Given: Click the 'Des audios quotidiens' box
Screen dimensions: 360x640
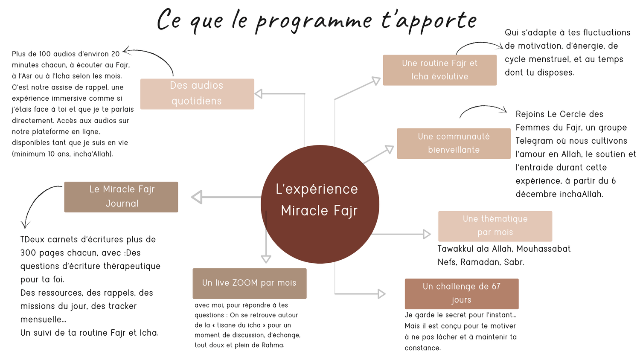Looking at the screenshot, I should point(197,94).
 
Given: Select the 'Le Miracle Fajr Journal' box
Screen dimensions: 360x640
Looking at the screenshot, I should point(121,197).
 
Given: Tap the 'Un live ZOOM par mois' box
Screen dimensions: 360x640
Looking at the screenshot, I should point(250,283).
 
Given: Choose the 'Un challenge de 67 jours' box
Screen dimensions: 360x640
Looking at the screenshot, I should point(462,293).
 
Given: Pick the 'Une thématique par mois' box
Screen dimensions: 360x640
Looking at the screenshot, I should point(495,226).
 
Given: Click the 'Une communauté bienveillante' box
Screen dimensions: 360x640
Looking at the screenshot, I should point(454,143).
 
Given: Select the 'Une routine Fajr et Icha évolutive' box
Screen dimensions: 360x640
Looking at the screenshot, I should point(439,70).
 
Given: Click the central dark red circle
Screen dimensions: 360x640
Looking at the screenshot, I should point(320,204).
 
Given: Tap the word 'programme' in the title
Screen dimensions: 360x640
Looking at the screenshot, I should point(314,21).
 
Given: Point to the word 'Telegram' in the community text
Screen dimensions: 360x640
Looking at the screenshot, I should point(533,141).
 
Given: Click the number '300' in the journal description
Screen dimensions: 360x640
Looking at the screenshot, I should point(28,253).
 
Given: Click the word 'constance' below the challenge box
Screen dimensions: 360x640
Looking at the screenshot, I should point(422,348).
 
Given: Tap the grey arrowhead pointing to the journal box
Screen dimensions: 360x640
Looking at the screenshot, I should point(197,197).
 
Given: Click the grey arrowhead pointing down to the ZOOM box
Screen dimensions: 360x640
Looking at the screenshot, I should point(266,258).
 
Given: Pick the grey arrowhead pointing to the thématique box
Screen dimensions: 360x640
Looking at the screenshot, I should point(426,234).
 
